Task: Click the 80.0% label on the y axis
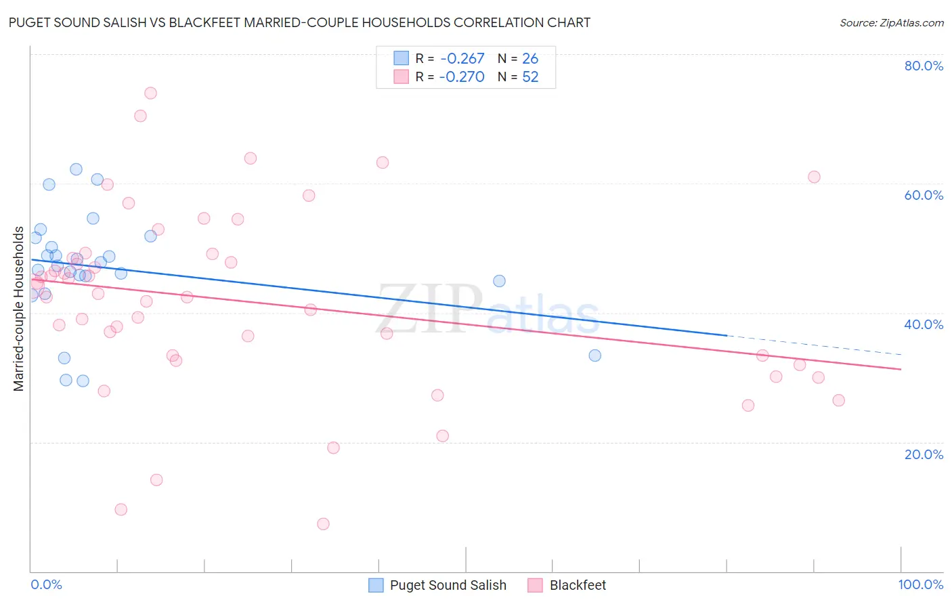[924, 66]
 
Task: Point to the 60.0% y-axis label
[924, 195]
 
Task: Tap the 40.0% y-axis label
[924, 324]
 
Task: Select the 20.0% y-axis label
[924, 454]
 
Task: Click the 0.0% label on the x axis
[46, 584]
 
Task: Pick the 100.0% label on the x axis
[920, 584]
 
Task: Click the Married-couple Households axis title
[19, 309]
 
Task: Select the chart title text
[299, 22]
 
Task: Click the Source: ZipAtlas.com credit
[891, 22]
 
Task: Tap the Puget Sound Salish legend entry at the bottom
[448, 585]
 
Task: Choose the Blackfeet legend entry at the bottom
[577, 585]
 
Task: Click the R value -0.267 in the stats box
[462, 59]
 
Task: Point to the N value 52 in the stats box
[530, 77]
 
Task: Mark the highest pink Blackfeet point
[150, 93]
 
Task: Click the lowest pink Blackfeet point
[323, 524]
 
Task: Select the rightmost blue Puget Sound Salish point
[594, 355]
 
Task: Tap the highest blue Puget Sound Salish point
[76, 169]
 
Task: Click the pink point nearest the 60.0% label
[814, 177]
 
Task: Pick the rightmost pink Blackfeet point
[838, 400]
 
